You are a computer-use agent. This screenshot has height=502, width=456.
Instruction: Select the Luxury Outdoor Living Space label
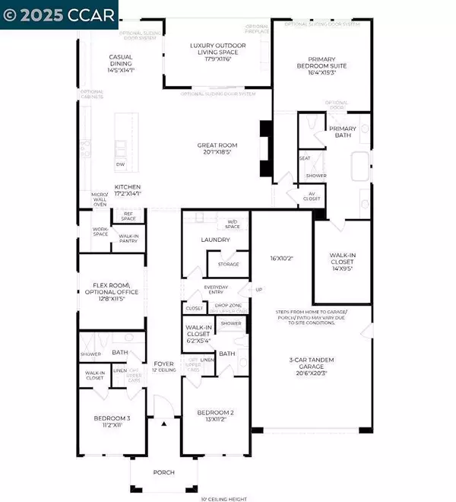(217, 49)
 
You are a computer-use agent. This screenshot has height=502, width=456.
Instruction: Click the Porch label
(163, 472)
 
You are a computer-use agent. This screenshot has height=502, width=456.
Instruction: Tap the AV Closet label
(312, 196)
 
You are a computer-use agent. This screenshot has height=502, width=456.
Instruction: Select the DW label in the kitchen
(120, 164)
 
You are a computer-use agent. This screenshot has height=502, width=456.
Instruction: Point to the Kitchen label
(127, 190)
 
